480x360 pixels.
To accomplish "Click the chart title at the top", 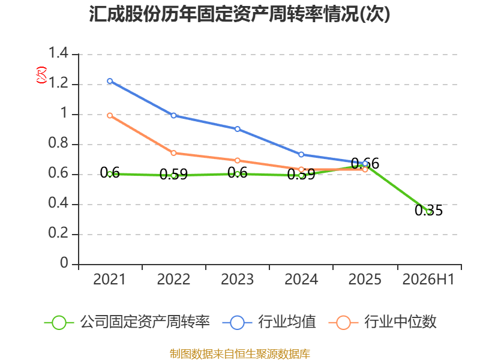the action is pyautogui.click(x=239, y=14).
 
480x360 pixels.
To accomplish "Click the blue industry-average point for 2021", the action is pyautogui.click(x=110, y=81).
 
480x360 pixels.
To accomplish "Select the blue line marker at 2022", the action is pyautogui.click(x=173, y=115).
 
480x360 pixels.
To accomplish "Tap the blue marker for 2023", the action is pyautogui.click(x=238, y=129).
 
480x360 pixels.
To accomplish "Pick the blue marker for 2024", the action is pyautogui.click(x=301, y=155).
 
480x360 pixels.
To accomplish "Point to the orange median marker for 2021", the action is pyautogui.click(x=110, y=115).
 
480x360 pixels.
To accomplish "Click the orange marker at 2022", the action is pyautogui.click(x=173, y=153).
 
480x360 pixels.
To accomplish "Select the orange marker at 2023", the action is pyautogui.click(x=238, y=160).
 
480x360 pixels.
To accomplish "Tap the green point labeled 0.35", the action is pyautogui.click(x=429, y=212).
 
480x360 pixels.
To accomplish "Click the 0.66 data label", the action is pyautogui.click(x=365, y=163).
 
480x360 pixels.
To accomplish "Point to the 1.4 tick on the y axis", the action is pyautogui.click(x=58, y=53).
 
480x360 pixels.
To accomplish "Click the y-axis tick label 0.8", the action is pyautogui.click(x=58, y=143).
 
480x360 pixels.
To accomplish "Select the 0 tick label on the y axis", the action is pyautogui.click(x=64, y=263).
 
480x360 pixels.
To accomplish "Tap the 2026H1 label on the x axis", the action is pyautogui.click(x=428, y=280).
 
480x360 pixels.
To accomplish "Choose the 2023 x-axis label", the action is pyautogui.click(x=237, y=280).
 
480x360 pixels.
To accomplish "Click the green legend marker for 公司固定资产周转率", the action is pyautogui.click(x=59, y=323).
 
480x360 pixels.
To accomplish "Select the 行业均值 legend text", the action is pyautogui.click(x=287, y=322).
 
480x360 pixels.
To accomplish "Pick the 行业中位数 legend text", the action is pyautogui.click(x=400, y=322).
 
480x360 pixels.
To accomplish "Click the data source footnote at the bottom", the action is pyautogui.click(x=240, y=354).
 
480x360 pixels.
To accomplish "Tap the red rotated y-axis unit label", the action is pyautogui.click(x=41, y=75).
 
